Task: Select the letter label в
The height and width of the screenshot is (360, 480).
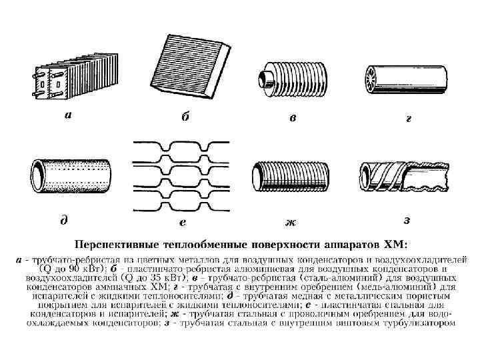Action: (292, 118)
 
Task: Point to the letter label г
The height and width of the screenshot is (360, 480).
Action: (409, 119)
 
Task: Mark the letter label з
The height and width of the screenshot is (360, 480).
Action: (407, 220)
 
